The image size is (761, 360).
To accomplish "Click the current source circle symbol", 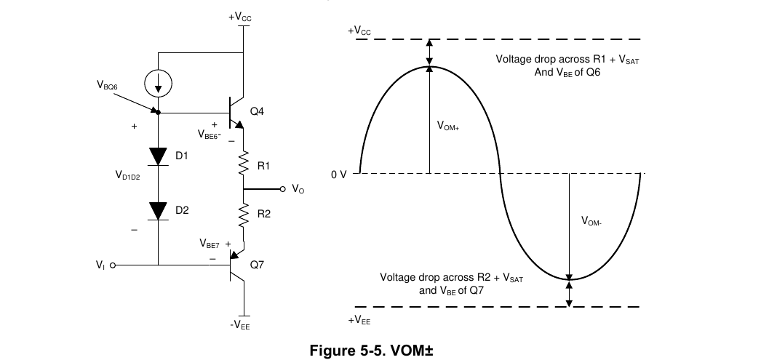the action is click(x=158, y=83).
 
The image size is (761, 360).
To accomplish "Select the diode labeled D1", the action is click(x=158, y=156).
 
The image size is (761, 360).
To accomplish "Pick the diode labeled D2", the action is click(x=158, y=211).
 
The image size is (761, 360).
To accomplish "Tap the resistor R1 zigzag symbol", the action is click(x=243, y=163).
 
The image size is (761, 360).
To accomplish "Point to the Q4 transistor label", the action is click(x=257, y=111).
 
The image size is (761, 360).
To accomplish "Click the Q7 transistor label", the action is click(x=257, y=265).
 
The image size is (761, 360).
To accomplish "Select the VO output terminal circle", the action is click(x=283, y=189).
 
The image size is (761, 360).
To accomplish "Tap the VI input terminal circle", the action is click(x=113, y=265).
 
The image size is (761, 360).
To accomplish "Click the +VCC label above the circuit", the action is click(x=240, y=17).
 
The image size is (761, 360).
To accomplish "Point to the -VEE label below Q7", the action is click(x=240, y=325).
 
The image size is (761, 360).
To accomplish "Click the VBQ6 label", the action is click(x=107, y=85).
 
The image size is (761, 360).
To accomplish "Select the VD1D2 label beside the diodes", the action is click(x=127, y=175).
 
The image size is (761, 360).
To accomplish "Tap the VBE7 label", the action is click(x=210, y=244).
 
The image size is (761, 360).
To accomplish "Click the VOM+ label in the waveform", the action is click(x=448, y=126).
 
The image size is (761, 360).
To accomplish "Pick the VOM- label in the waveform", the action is click(x=591, y=221).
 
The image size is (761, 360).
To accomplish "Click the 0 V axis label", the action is click(x=339, y=175).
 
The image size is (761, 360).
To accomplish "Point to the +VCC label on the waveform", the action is click(x=359, y=31).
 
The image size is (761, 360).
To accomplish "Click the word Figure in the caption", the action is click(x=332, y=351).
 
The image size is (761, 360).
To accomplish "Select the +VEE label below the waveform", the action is click(x=359, y=320).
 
